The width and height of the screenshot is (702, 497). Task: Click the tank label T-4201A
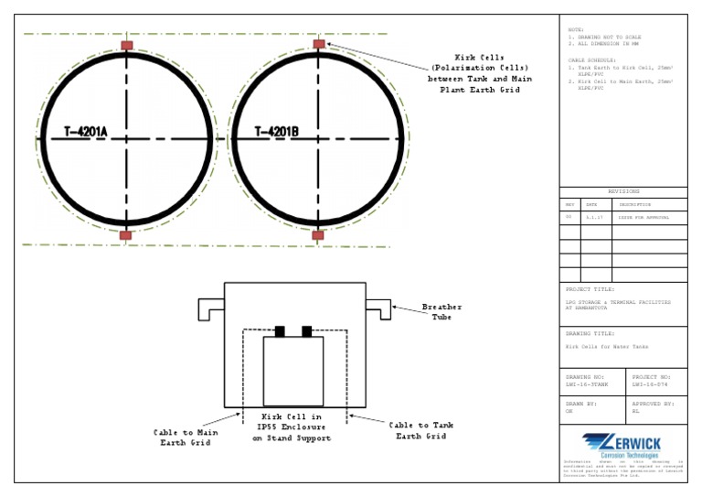(x=86, y=133)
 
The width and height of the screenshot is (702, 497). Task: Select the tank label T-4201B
(x=277, y=133)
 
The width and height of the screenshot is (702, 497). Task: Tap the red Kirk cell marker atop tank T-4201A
(x=127, y=45)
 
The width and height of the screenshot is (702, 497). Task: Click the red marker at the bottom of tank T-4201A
(x=126, y=235)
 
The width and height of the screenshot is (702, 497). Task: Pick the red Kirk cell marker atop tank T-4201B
(x=318, y=44)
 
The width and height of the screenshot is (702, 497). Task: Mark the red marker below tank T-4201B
(x=318, y=235)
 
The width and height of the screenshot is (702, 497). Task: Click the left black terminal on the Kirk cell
(x=281, y=331)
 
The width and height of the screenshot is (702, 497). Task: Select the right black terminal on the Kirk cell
(x=307, y=331)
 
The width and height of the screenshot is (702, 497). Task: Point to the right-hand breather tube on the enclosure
(x=378, y=308)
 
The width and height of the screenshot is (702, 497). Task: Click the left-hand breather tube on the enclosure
(x=211, y=308)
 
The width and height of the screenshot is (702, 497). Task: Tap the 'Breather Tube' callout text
(x=441, y=312)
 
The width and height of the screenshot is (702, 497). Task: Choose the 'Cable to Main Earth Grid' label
(x=186, y=437)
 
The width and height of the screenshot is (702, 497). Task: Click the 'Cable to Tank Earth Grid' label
(x=420, y=430)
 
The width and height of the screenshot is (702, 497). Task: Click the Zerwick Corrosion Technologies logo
(x=623, y=445)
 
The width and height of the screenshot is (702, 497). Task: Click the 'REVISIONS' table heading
(x=623, y=191)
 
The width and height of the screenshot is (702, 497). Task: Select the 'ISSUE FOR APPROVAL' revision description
(x=644, y=218)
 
